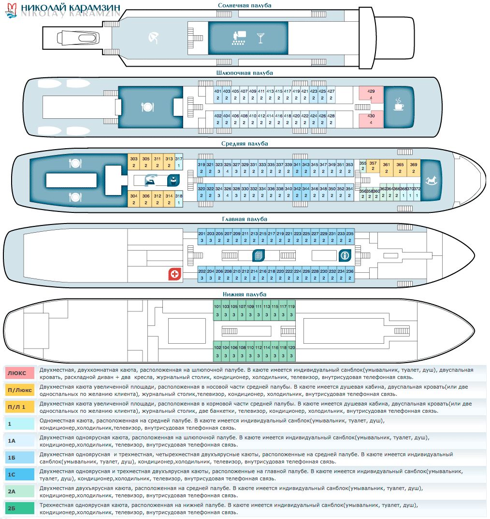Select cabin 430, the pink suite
click(x=371, y=119)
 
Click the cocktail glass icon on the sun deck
click(x=261, y=38)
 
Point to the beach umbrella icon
click(x=153, y=37)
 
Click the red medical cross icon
click(x=174, y=274)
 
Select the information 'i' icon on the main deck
click(x=345, y=255)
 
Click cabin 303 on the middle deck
click(x=134, y=162)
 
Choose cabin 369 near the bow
click(x=414, y=168)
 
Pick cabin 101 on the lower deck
click(x=217, y=310)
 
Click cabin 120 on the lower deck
click(x=291, y=351)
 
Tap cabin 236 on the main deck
click(x=350, y=274)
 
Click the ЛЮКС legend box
click(x=20, y=373)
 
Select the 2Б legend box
click(x=20, y=508)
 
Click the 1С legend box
click(x=20, y=475)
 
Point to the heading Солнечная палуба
click(x=245, y=5)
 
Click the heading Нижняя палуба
click(x=245, y=294)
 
